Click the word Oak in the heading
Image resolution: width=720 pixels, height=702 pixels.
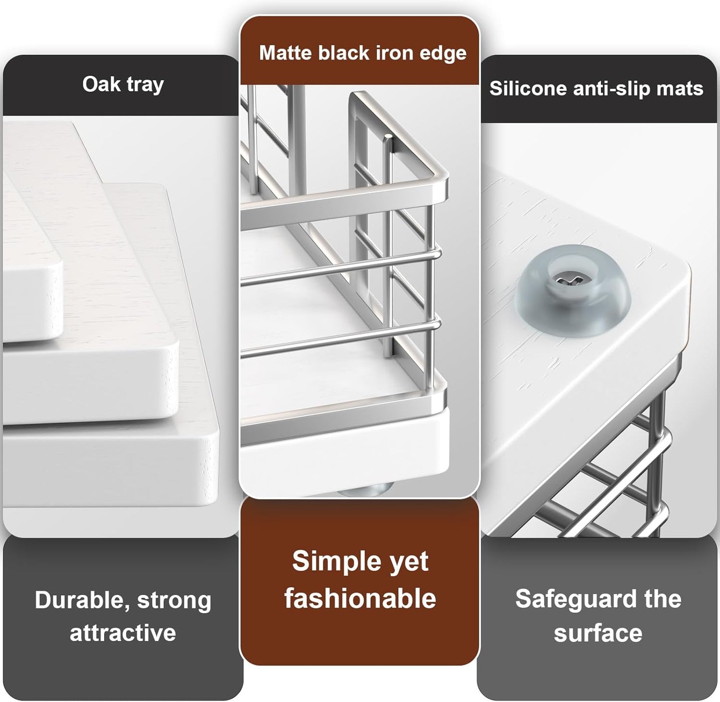coord(101,84)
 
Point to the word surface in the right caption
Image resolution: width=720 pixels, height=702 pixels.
coord(598,634)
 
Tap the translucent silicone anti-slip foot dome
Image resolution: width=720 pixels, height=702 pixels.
coord(573,291)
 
